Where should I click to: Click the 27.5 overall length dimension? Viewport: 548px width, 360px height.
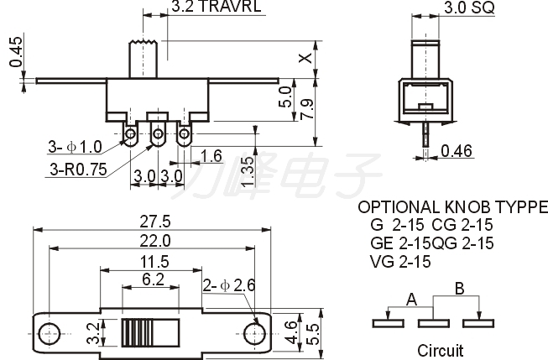coord(154,222)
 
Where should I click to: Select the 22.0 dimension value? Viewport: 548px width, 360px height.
coord(154,241)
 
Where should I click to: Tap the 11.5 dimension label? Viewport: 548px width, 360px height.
coord(154,262)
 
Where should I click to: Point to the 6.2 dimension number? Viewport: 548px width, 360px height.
coord(153,279)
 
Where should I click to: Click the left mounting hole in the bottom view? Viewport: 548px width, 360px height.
coord(49,333)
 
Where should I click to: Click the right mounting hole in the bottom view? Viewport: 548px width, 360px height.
coord(254,333)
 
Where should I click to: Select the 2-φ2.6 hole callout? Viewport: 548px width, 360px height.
coord(229,285)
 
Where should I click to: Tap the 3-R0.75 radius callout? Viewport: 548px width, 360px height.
coord(78,170)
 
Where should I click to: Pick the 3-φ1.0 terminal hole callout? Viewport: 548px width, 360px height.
coord(75,147)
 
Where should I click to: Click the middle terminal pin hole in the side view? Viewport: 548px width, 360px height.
coord(158,133)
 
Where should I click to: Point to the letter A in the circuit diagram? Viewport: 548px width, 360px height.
coord(412,300)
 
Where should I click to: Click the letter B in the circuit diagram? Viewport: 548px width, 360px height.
coord(460,289)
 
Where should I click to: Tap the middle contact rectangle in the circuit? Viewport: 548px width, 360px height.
coord(433,323)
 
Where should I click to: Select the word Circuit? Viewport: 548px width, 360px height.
coord(441,350)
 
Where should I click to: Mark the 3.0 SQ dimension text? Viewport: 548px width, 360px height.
coord(469,8)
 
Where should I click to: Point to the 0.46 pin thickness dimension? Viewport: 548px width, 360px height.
coord(457,151)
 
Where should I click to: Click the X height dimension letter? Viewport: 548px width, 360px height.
coord(305,58)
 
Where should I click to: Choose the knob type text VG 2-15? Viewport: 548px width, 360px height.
coord(400,262)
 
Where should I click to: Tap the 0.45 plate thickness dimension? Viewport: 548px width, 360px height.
coord(16,52)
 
